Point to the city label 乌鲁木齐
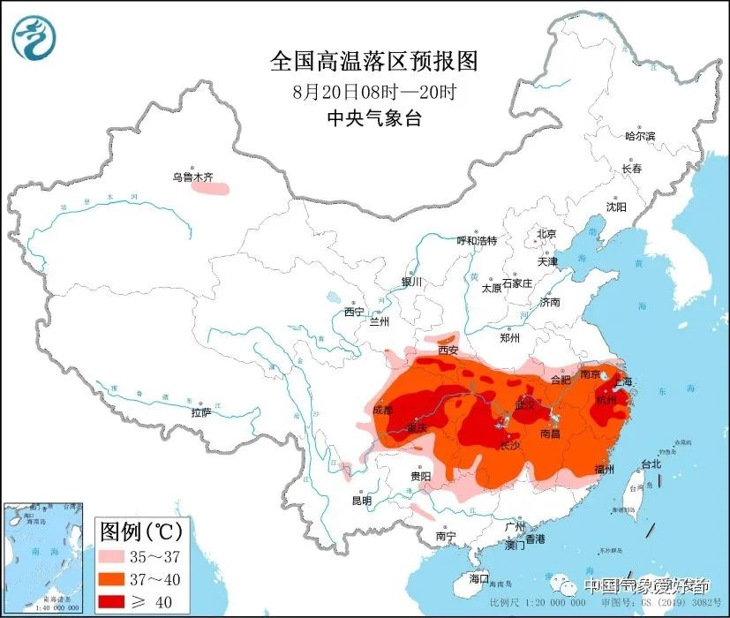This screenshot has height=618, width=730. click(192, 177)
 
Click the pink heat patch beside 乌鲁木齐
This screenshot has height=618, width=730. click(211, 187)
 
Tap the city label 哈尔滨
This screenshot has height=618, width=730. click(640, 136)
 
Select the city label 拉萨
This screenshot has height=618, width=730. click(200, 412)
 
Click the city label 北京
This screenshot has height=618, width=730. click(546, 234)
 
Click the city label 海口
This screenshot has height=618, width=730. click(479, 578)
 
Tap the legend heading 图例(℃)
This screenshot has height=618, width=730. click(141, 532)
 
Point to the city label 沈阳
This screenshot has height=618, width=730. click(615, 207)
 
